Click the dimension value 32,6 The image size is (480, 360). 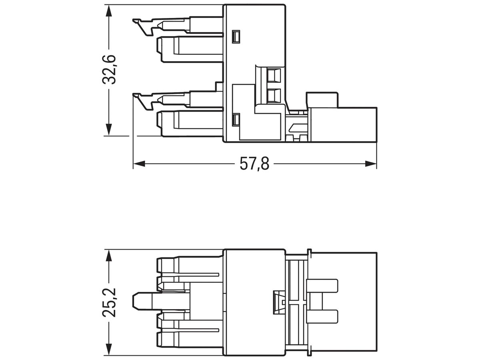(108, 70)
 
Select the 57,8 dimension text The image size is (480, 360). (255, 164)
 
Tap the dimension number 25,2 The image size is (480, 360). (108, 302)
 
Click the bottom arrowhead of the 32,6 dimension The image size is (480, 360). (108, 130)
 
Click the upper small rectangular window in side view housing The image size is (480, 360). (236, 37)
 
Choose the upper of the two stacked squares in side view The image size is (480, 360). (274, 75)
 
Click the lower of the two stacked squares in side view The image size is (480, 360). (274, 96)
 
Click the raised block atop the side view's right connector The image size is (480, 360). (322, 100)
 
